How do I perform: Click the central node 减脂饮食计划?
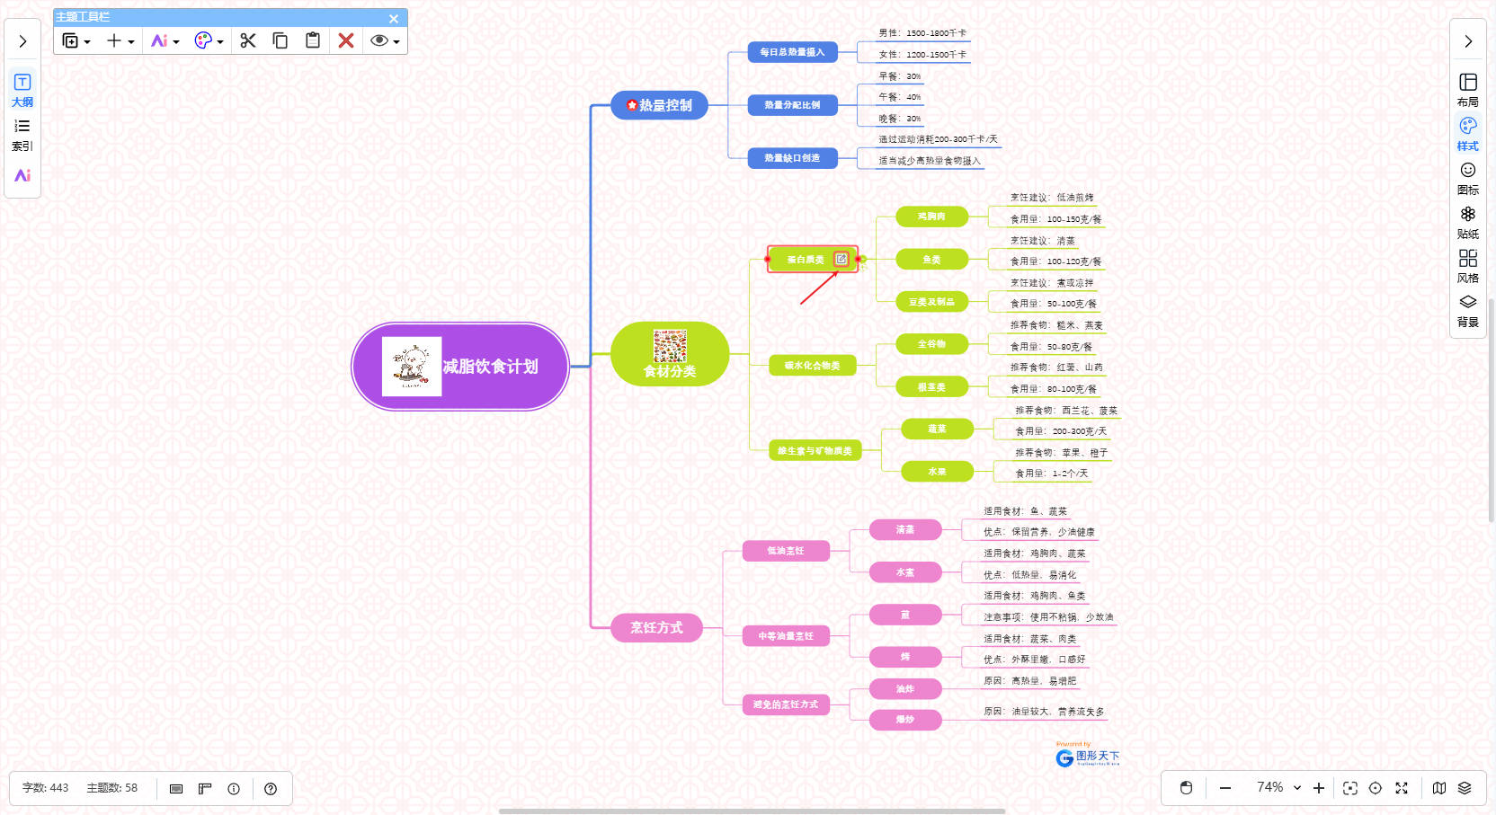490,367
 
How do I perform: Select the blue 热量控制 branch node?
660,105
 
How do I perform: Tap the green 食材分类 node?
670,354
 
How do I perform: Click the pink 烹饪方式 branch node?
656,627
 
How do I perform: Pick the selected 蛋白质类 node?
805,260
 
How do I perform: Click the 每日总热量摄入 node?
792,52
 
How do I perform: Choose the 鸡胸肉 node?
931,217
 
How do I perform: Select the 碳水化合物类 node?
812,366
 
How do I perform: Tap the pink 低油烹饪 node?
786,551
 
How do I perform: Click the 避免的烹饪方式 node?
786,704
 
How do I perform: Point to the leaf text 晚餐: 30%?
900,119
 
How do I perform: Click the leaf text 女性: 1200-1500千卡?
922,55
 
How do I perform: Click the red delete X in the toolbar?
346,40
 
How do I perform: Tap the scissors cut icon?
248,40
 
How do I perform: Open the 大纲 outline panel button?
22,90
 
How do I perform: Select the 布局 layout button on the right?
1468,90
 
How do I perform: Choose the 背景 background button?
1468,310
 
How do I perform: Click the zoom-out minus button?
1225,788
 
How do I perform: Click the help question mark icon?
271,789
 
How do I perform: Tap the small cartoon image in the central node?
412,367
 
